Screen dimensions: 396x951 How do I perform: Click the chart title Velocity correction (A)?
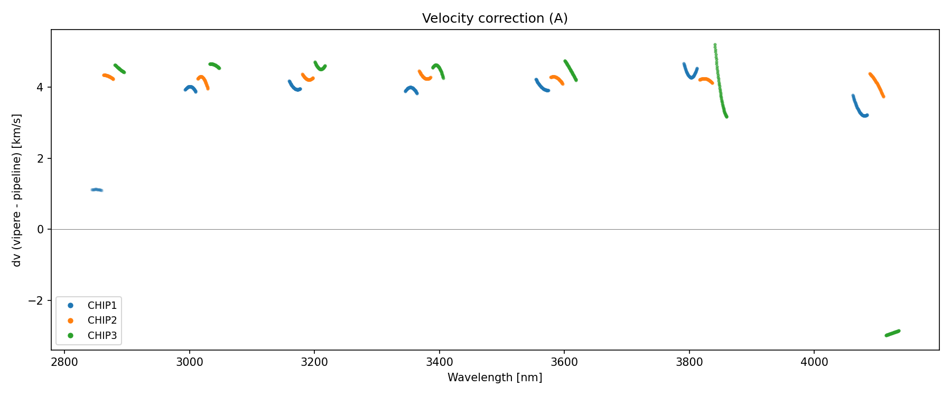(495, 18)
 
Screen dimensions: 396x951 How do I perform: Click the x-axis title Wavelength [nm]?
(495, 378)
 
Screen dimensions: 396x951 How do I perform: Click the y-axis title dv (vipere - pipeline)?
(17, 190)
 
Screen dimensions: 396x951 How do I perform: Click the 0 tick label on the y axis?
(41, 230)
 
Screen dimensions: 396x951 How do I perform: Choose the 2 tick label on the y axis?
(41, 158)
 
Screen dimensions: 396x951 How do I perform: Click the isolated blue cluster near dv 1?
(97, 190)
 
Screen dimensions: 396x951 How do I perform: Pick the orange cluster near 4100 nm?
(877, 84)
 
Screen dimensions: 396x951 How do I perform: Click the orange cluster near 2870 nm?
(108, 77)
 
